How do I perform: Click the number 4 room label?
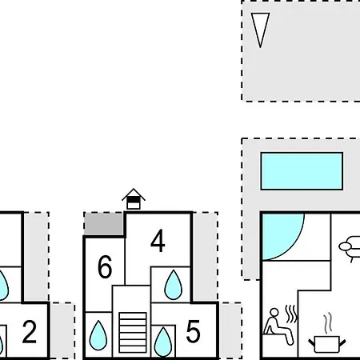tap(158, 241)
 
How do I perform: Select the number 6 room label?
tap(105, 267)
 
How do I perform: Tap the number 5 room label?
tap(193, 331)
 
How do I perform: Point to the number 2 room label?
tap(29, 332)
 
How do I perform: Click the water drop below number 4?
tap(174, 285)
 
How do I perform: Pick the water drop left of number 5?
tap(163, 342)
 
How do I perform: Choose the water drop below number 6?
tap(98, 335)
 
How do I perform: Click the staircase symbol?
tap(133, 333)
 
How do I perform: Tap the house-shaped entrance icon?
tap(134, 199)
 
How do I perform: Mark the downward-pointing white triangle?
tap(260, 28)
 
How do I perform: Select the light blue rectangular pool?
tap(302, 171)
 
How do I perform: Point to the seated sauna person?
tap(278, 326)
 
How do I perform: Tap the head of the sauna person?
tap(274, 312)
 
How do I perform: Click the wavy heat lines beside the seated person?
tap(291, 314)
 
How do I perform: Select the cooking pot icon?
tap(327, 344)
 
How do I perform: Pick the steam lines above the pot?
tap(329, 322)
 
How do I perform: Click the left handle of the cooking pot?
tap(312, 342)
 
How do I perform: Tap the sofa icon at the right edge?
tap(350, 247)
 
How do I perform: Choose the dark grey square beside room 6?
tap(104, 224)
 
